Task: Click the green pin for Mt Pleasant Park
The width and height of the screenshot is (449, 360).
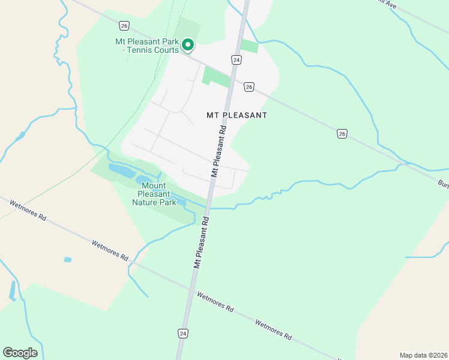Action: point(188,44)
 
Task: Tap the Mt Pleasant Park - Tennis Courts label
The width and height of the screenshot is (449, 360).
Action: point(147,46)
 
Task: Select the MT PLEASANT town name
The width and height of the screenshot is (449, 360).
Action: point(237,115)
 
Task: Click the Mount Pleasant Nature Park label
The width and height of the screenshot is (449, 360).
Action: point(154,194)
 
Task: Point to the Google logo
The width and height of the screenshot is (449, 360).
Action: point(20,353)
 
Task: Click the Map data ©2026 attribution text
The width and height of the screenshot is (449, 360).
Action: point(424,355)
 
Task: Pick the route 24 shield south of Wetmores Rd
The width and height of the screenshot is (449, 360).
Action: point(181,332)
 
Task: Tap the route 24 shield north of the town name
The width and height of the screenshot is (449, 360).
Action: point(237,60)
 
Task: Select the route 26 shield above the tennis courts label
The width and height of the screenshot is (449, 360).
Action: point(124,25)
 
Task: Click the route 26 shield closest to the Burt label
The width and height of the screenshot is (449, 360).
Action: point(342,133)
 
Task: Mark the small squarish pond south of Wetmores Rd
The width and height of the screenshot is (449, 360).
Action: point(68,260)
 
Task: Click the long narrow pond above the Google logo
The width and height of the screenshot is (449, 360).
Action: point(12,290)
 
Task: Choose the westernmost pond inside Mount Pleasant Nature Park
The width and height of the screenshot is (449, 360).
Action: point(121,170)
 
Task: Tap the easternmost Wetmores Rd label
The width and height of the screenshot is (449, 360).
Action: point(273,330)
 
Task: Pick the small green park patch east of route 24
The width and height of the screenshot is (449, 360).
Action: point(249,46)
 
